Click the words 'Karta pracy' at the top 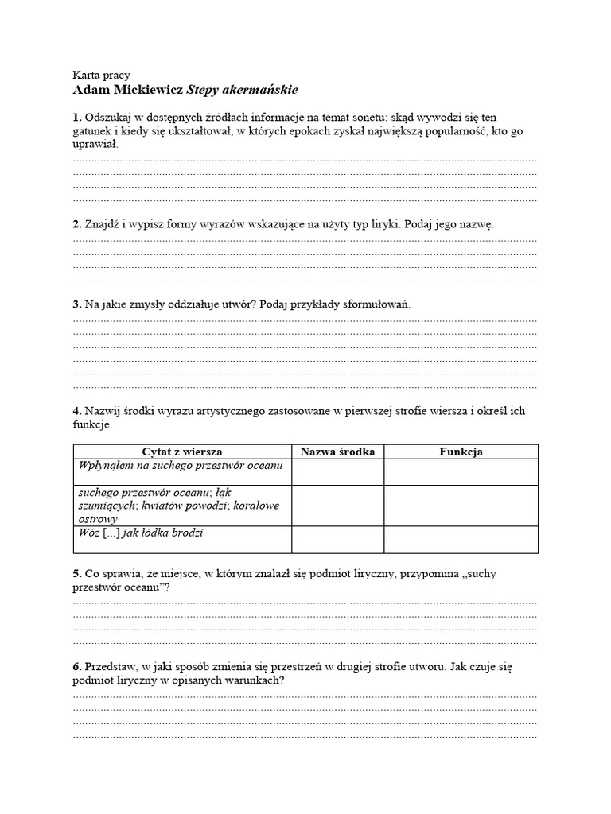(101, 75)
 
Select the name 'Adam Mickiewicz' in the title (126, 90)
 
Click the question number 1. (76, 117)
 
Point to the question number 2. (76, 224)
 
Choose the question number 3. (76, 304)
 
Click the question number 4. (76, 411)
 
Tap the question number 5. (76, 572)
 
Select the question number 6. (76, 666)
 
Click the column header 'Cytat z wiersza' (182, 452)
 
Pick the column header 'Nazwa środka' (337, 452)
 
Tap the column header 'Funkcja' (461, 452)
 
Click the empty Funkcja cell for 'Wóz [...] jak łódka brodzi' (461, 539)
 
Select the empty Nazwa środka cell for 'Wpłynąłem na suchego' (337, 471)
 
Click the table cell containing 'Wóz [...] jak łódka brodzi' (182, 539)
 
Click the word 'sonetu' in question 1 (363, 117)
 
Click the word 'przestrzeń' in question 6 (301, 666)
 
